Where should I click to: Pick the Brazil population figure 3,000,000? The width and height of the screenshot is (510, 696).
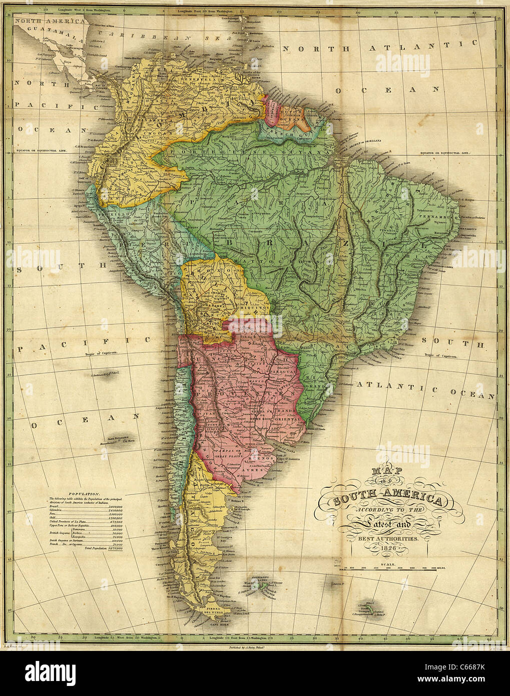point(115,507)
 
